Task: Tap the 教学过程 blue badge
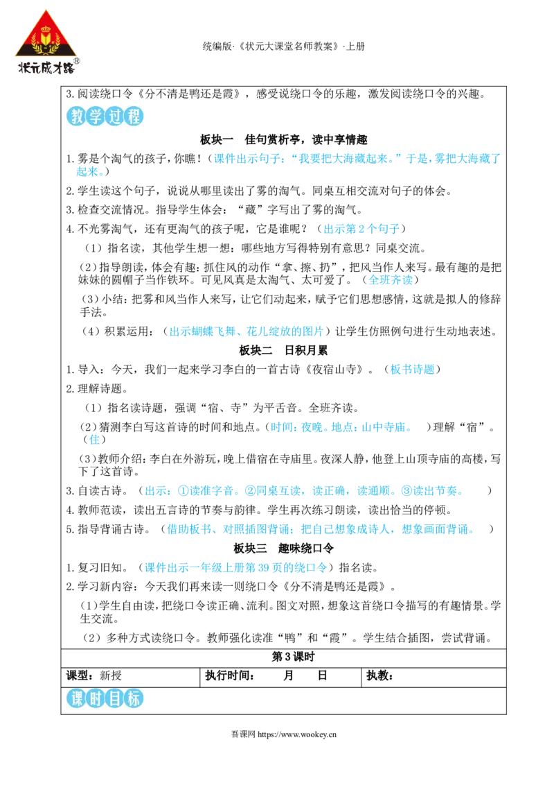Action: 105,116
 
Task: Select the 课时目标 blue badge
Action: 105,698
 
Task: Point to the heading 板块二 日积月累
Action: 283,350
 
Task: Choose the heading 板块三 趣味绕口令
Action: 283,549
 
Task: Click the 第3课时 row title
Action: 293,657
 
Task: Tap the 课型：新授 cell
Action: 94,676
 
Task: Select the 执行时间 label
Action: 230,676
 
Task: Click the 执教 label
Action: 379,676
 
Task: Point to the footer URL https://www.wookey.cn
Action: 297,734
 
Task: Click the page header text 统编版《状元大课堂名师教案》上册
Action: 283,46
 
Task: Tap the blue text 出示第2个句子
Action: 361,229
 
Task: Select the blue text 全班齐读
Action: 391,280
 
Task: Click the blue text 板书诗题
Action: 413,370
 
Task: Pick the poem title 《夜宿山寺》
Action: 334,370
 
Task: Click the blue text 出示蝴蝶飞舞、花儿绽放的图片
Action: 247,331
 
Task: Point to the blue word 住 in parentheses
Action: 94,440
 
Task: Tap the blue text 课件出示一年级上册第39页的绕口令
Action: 235,568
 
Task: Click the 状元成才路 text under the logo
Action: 46,67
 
